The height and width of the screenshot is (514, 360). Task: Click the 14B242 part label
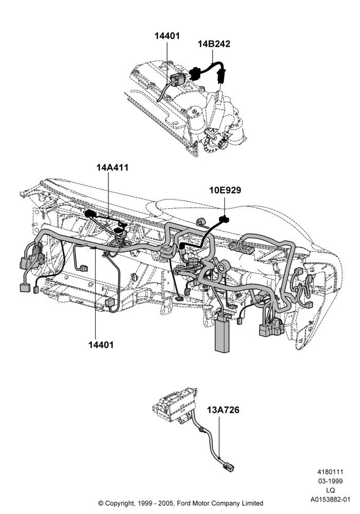pyautogui.click(x=214, y=44)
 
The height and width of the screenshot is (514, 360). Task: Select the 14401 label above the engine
pyautogui.click(x=167, y=36)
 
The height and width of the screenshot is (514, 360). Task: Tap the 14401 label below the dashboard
pyautogui.click(x=101, y=344)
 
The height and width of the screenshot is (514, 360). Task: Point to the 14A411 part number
pyautogui.click(x=113, y=167)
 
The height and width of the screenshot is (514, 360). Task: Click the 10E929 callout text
pyautogui.click(x=225, y=190)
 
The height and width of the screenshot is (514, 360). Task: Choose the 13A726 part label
pyautogui.click(x=223, y=410)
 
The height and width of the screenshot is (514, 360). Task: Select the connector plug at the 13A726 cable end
pyautogui.click(x=228, y=467)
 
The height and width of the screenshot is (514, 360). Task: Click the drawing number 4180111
pyautogui.click(x=330, y=472)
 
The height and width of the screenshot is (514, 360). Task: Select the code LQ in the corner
pyautogui.click(x=331, y=490)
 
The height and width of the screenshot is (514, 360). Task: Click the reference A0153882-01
pyautogui.click(x=331, y=500)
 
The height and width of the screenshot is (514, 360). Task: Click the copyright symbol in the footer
pyautogui.click(x=101, y=503)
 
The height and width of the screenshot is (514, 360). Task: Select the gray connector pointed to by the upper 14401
pyautogui.click(x=177, y=79)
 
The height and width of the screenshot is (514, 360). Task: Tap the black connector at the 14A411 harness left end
pyautogui.click(x=89, y=214)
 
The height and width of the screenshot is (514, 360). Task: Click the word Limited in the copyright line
pyautogui.click(x=252, y=503)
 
